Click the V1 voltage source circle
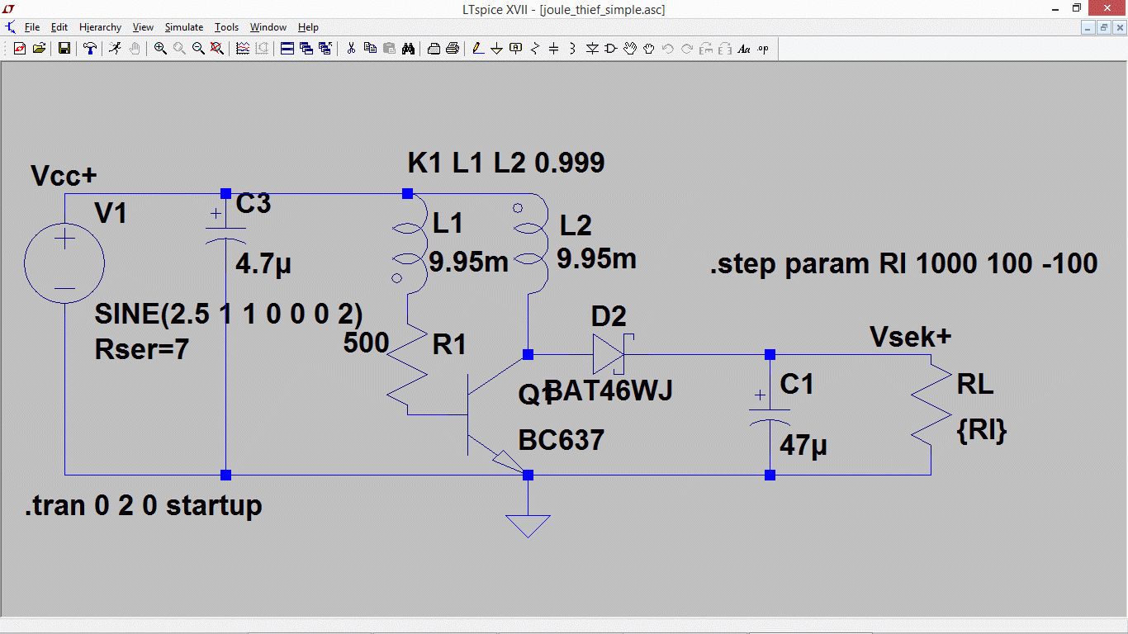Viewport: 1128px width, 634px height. coord(64,264)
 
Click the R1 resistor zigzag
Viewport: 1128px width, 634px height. coord(409,372)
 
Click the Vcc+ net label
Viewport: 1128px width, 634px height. coord(64,176)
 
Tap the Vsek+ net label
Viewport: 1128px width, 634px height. coord(910,337)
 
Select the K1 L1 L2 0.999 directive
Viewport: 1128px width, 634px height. coord(505,163)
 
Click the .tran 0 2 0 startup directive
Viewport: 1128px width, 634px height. coord(144,504)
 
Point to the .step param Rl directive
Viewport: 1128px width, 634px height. coord(903,263)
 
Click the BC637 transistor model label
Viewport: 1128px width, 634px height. coord(562,439)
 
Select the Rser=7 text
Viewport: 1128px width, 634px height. coord(142,349)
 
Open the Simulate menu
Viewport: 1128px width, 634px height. coord(183,27)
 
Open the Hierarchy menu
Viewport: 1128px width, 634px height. coord(100,27)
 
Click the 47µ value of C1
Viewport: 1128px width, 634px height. coord(803,446)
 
